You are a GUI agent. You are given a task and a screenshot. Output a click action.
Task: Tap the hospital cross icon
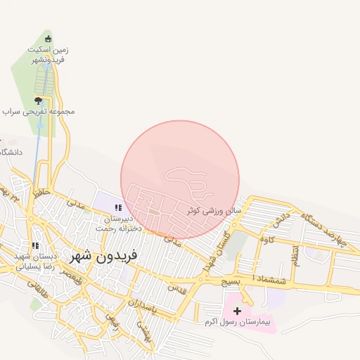point(237,311)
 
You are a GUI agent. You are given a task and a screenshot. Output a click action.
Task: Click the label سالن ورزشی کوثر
point(214,210)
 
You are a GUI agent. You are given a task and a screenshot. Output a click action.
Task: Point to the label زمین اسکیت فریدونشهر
point(49,56)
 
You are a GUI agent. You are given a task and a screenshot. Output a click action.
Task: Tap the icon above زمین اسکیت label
point(48,39)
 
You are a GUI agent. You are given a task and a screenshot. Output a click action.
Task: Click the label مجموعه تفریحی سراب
point(38,112)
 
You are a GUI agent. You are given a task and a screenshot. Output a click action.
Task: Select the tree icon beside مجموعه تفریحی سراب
point(38,101)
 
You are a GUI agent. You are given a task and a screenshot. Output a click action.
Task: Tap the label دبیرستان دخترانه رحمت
point(119,224)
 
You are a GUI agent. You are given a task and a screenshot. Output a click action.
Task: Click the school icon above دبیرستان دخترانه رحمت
point(118,208)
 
